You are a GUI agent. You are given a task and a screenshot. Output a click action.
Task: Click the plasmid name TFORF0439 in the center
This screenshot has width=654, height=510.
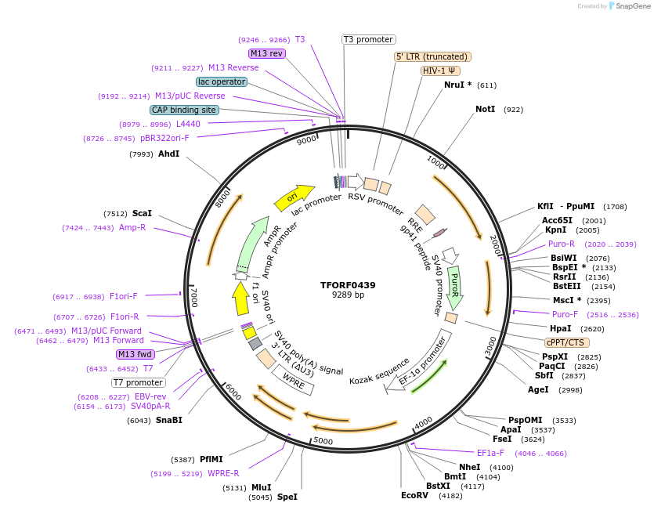coord(348,285)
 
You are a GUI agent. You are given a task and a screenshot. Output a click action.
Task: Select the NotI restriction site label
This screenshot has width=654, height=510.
coord(486,109)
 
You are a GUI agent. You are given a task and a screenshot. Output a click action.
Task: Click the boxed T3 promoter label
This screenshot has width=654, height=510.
coord(369,39)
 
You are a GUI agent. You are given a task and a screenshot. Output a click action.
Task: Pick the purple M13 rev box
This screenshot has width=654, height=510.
coord(267,53)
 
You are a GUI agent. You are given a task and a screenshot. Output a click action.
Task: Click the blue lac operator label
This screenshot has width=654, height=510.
coord(222,81)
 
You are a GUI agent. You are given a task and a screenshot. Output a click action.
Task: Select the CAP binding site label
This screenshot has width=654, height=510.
coord(184,110)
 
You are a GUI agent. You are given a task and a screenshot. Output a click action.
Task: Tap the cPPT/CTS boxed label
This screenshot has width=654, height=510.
coord(567,342)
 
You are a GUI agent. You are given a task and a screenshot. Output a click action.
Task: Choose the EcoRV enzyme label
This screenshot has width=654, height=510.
coord(414,495)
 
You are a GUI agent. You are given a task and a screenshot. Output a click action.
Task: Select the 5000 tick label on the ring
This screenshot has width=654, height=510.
coord(323,441)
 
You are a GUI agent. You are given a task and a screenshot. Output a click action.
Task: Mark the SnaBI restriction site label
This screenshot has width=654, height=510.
coord(168,420)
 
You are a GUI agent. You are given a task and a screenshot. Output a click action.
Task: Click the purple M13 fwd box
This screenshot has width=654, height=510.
coord(135,354)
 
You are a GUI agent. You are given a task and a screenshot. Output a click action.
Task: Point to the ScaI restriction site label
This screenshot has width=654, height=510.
coord(142,213)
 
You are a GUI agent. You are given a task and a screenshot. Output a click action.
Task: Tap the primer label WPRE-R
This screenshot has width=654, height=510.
coord(223,473)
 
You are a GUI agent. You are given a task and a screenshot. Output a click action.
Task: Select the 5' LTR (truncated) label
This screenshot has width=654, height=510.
coord(432,56)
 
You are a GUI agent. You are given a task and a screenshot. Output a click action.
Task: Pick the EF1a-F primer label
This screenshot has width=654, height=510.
coord(490,453)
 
